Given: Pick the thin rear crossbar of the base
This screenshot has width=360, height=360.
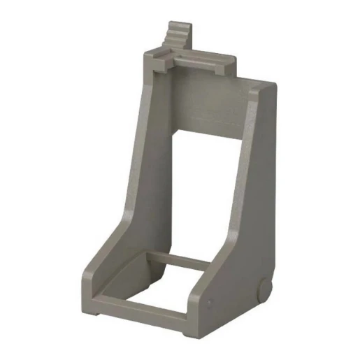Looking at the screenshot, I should pos(178,258).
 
